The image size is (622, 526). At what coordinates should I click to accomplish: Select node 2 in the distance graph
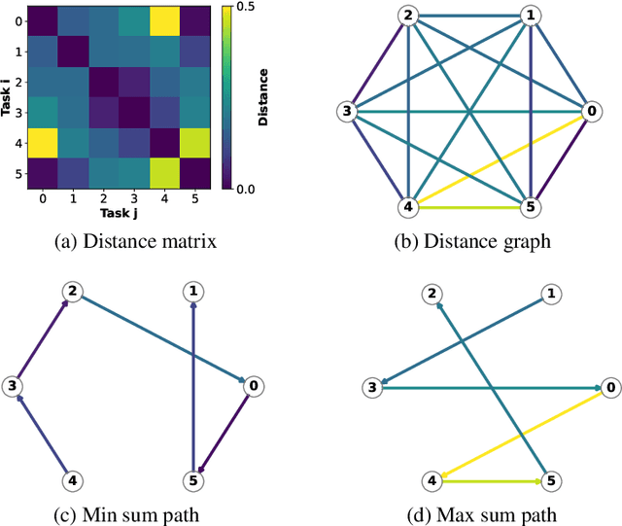click(409, 16)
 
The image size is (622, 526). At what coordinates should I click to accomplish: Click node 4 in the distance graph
click(409, 207)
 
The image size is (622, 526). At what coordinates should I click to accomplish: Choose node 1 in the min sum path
click(195, 290)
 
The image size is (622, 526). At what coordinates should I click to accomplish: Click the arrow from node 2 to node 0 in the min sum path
click(160, 337)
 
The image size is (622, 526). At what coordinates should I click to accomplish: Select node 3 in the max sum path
click(370, 388)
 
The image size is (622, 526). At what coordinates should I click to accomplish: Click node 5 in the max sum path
click(551, 480)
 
